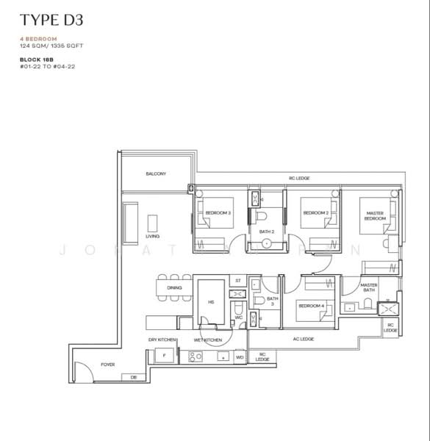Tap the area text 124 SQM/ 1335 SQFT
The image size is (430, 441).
[51, 46]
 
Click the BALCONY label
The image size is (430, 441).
[155, 174]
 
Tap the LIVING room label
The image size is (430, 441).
[153, 237]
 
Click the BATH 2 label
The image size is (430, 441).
[266, 232]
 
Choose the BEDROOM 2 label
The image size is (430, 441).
[315, 212]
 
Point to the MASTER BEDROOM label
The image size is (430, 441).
[375, 215]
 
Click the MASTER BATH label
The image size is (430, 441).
[369, 287]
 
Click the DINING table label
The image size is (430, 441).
[174, 287]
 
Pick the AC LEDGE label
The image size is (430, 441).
[303, 338]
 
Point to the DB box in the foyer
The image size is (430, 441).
[133, 376]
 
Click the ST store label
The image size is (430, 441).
[237, 281]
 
